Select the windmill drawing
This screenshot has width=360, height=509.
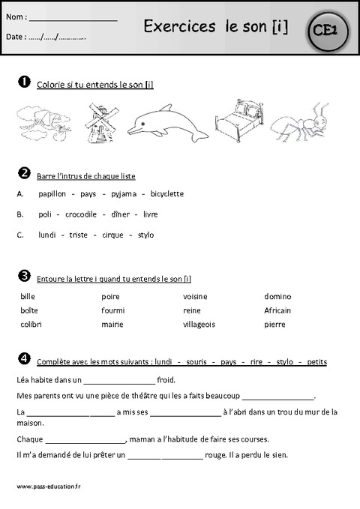96,122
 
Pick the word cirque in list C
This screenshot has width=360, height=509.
112,235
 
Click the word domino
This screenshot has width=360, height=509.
277,296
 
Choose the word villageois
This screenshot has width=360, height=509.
199,325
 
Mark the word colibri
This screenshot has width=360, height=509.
31,325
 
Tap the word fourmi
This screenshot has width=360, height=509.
112,310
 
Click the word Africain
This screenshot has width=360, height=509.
277,310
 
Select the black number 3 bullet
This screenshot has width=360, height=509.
24,275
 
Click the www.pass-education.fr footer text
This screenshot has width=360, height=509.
48,486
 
